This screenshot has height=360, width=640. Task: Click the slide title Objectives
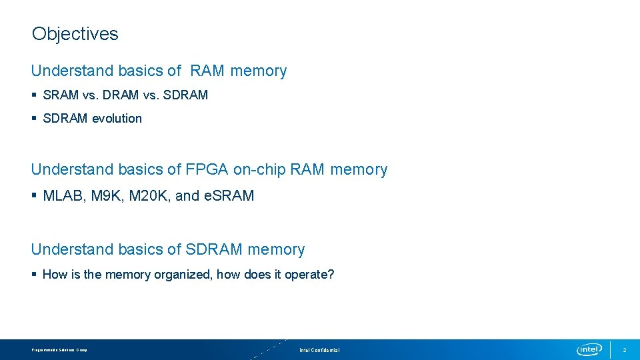pyautogui.click(x=75, y=34)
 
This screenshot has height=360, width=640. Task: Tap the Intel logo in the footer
pyautogui.click(x=589, y=350)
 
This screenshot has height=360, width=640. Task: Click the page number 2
pyautogui.click(x=625, y=350)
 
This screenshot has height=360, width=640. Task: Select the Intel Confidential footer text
pyautogui.click(x=319, y=350)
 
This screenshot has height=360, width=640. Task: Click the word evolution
pyautogui.click(x=117, y=119)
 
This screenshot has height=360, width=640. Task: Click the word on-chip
pyautogui.click(x=259, y=170)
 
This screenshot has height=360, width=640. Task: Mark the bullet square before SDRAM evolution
pyautogui.click(x=34, y=119)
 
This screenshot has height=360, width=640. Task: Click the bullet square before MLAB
pyautogui.click(x=34, y=196)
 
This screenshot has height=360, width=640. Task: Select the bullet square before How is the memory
pyautogui.click(x=34, y=275)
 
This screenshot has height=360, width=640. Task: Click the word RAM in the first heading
pyautogui.click(x=207, y=71)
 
